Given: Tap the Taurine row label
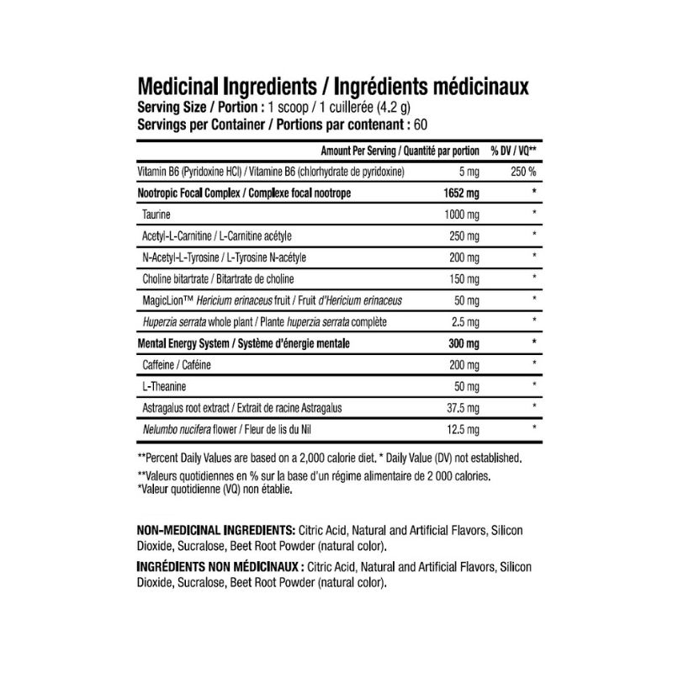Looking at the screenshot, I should pos(157,215).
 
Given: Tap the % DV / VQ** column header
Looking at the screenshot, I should pos(515,151).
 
